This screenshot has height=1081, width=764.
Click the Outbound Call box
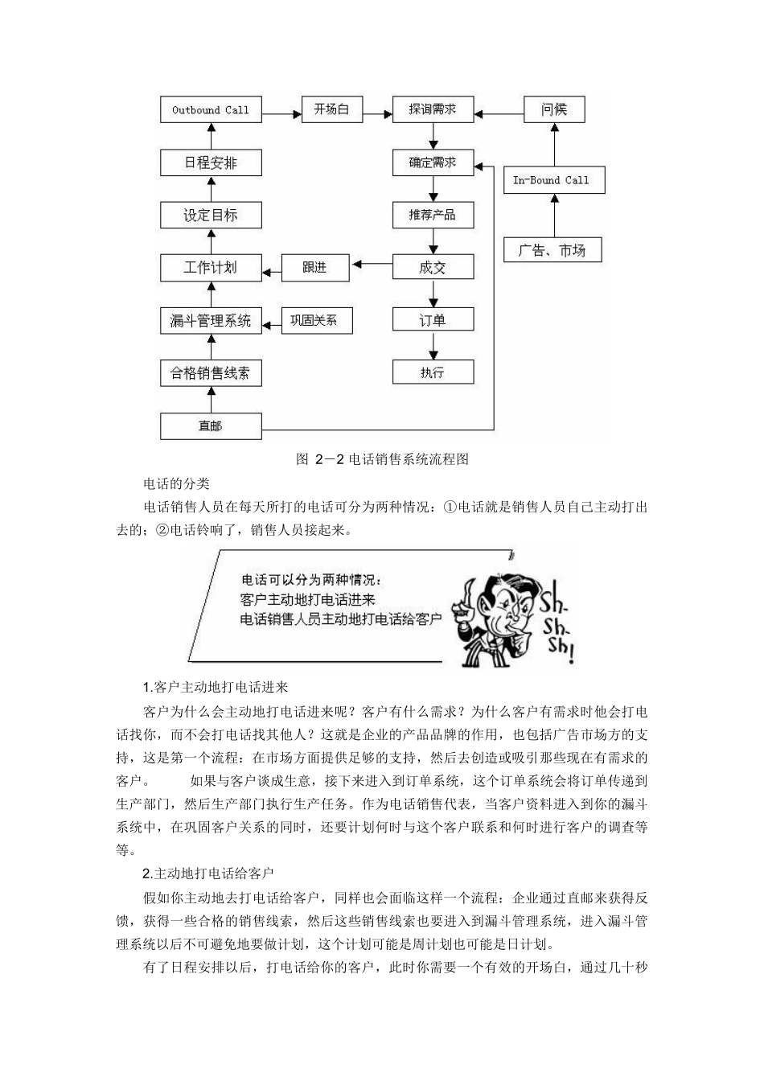coord(211,110)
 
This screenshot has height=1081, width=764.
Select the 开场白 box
coord(331,109)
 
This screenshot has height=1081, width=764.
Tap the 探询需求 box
coord(433,109)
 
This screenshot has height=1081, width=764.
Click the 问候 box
coord(554,109)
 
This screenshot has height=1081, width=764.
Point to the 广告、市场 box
coord(552,250)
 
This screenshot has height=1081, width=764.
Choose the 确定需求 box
coord(433,162)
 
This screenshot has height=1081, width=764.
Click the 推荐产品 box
coord(433,215)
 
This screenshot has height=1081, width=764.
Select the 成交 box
coord(433,267)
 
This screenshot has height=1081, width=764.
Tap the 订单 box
coord(433,320)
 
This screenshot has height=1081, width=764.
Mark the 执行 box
coord(433,372)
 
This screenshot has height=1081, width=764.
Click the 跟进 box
coord(315,267)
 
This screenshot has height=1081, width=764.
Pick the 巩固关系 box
coord(315,320)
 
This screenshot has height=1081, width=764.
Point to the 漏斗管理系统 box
coord(211,320)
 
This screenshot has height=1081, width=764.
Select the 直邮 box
coord(211,425)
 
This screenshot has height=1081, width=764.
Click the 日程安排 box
coord(211,162)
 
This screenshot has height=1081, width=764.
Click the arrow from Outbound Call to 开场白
coord(281,113)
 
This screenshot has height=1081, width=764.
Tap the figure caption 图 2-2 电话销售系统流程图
coord(382,459)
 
